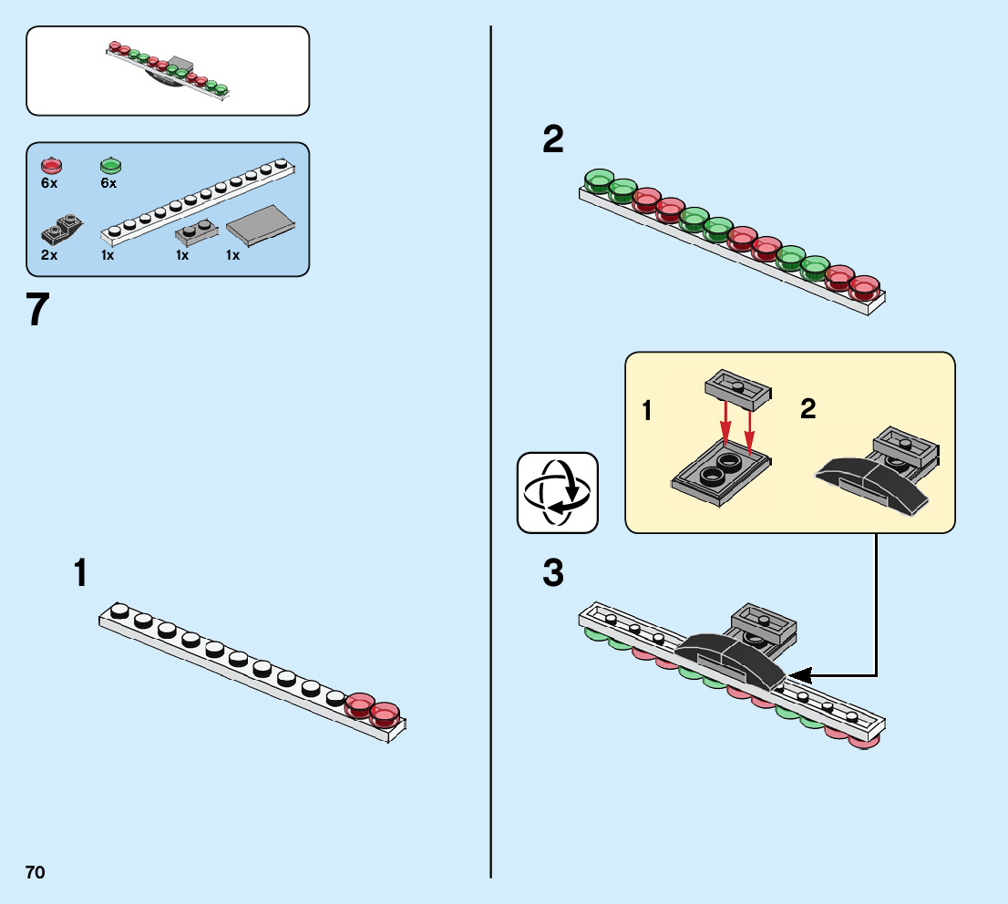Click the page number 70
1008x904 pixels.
(x=35, y=872)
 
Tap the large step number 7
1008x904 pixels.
(x=37, y=310)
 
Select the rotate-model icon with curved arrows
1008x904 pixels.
(x=558, y=492)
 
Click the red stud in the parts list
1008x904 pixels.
(x=51, y=166)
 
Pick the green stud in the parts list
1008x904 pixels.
(x=109, y=166)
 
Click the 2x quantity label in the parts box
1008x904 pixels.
(x=49, y=255)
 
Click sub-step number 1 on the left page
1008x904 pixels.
(x=81, y=573)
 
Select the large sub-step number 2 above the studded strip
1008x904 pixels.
(x=553, y=139)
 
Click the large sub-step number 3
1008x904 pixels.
(x=553, y=575)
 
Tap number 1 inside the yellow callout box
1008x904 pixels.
(x=647, y=411)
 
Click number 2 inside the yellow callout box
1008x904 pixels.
(x=808, y=409)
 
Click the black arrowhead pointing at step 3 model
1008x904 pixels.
(x=799, y=675)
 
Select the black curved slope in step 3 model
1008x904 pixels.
(x=729, y=656)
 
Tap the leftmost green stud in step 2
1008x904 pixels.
(x=599, y=180)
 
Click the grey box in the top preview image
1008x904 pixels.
(x=179, y=66)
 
